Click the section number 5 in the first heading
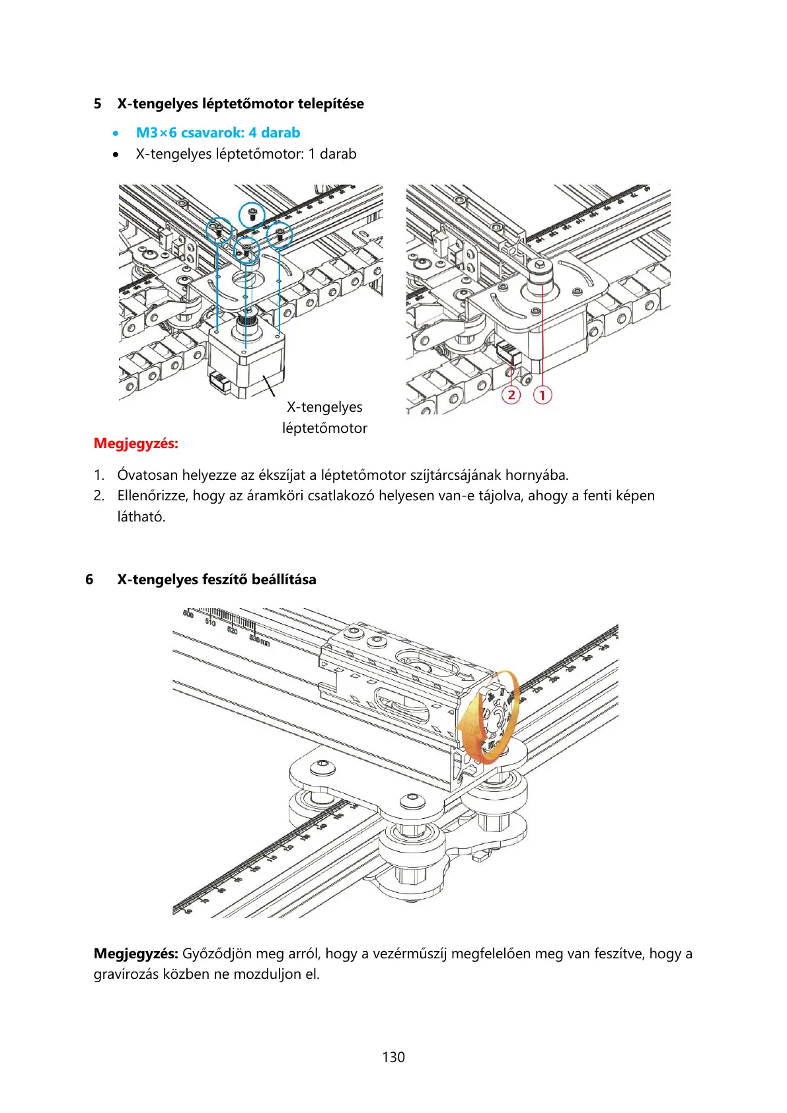[x=98, y=104]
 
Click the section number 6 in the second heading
[x=89, y=580]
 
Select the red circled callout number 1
[x=542, y=395]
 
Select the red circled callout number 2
[x=511, y=395]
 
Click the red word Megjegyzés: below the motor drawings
[x=136, y=443]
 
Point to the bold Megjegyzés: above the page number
[x=136, y=954]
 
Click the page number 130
[x=393, y=1057]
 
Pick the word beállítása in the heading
[x=283, y=580]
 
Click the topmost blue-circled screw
[x=252, y=213]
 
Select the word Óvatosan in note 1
[x=147, y=475]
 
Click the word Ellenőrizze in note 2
[x=153, y=496]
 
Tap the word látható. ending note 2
[x=141, y=517]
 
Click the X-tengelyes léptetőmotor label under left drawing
[x=324, y=418]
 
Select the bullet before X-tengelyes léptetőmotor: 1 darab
[x=116, y=155]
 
